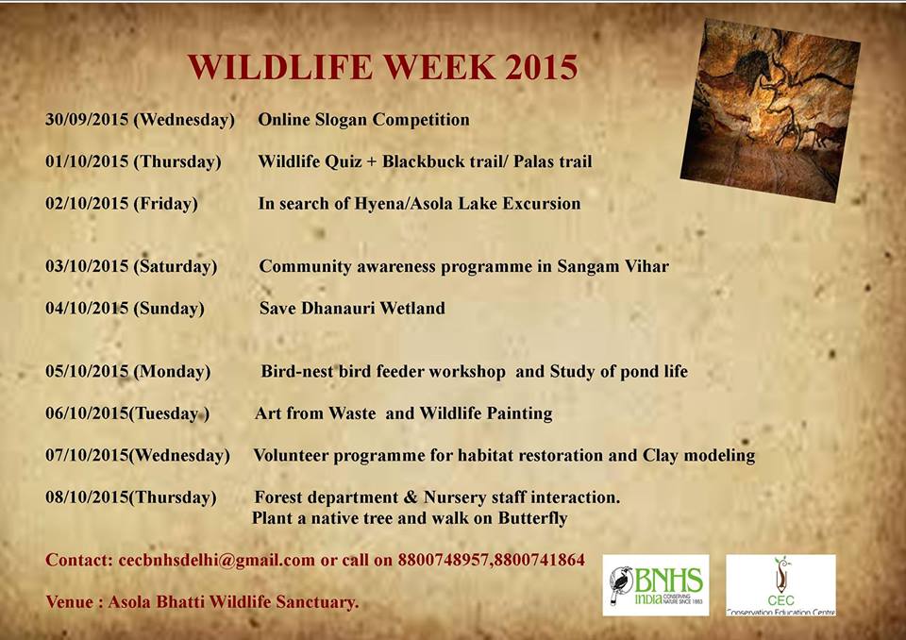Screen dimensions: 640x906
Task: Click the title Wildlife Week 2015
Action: click(382, 68)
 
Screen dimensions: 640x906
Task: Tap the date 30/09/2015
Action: click(87, 120)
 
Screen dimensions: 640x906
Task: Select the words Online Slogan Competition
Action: click(363, 120)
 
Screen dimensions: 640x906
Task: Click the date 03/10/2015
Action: click(87, 266)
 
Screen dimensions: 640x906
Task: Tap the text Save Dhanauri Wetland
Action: click(352, 308)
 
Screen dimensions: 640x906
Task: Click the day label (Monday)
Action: click(173, 371)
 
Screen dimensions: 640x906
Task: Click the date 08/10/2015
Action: click(87, 497)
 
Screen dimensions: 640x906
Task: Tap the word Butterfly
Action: click(525, 518)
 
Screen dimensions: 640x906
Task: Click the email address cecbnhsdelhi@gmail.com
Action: click(217, 560)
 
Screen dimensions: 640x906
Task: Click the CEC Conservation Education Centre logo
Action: click(780, 585)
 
